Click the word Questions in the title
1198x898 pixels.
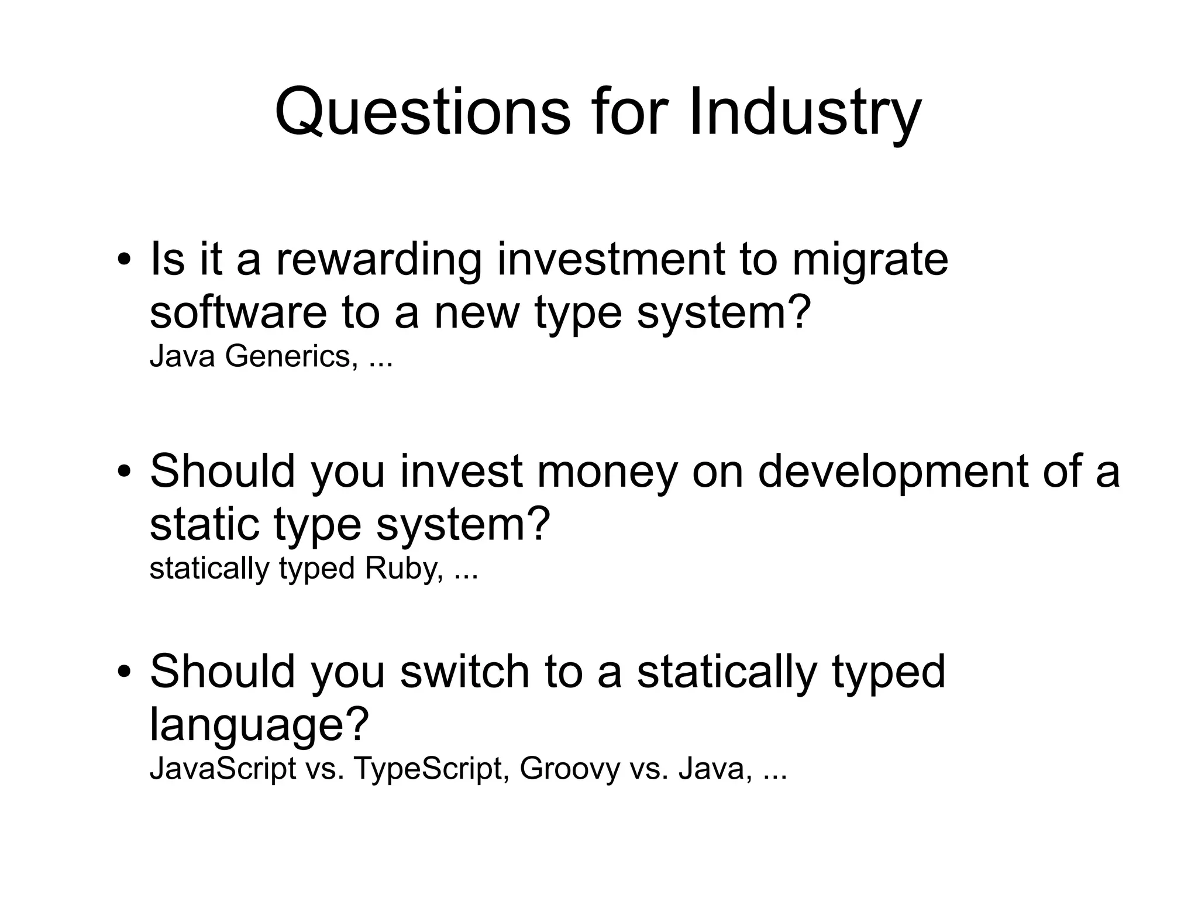pos(422,112)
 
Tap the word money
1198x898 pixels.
pos(607,471)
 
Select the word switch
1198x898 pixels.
pos(464,671)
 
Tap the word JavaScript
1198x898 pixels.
pos(223,768)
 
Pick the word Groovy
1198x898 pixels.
pos(569,768)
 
